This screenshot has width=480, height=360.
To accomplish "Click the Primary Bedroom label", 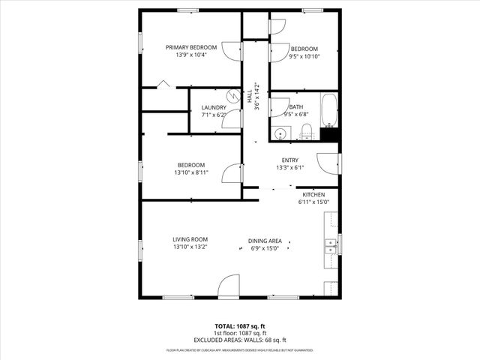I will click(x=190, y=46).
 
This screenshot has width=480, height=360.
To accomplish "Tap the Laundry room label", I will click(x=214, y=107).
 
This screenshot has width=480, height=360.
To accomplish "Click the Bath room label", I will click(x=295, y=107).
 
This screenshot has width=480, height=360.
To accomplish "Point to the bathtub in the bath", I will click(x=330, y=110).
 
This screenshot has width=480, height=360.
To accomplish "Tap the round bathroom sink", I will click(x=280, y=134).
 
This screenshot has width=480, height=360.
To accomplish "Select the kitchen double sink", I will click(x=330, y=244).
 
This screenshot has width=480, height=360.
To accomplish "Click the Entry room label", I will click(x=289, y=160).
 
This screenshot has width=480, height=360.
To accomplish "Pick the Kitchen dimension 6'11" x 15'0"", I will click(x=313, y=202).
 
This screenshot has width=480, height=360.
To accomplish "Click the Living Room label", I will click(x=190, y=239).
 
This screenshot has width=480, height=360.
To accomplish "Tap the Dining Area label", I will click(x=265, y=241).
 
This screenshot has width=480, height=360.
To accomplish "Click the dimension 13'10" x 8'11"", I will click(x=190, y=172).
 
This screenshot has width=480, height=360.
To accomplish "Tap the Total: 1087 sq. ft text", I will click(x=240, y=326).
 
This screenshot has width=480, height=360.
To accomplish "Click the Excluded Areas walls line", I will click(x=240, y=340).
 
